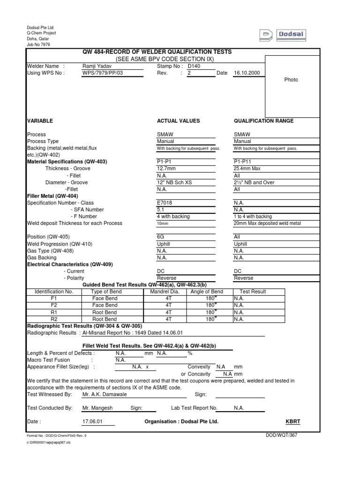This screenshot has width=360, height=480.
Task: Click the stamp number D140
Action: tap(194, 67)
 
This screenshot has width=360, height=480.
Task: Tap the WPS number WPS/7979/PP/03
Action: tap(102, 74)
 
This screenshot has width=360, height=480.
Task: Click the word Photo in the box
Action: tap(291, 80)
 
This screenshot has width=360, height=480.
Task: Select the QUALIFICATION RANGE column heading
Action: tap(263, 121)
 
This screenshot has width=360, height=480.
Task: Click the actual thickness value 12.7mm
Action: tap(167, 169)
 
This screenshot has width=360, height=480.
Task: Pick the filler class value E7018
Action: tap(165, 203)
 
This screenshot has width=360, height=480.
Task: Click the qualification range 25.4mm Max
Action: tap(249, 169)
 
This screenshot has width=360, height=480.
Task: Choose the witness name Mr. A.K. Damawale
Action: tap(105, 395)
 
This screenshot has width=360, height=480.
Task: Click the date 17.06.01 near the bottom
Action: tap(91, 421)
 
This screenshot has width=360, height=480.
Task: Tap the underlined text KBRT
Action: tap(293, 421)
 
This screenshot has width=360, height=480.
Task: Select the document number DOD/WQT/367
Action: tap(281, 435)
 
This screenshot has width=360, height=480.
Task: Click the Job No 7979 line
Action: tap(38, 45)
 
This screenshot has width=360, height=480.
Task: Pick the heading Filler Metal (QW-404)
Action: tap(52, 196)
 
